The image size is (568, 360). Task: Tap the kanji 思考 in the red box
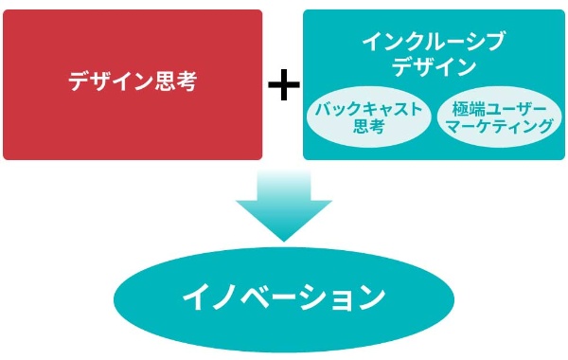tap(177, 81)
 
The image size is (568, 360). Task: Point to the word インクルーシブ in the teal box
tap(434, 42)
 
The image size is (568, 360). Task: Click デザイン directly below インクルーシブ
tap(434, 66)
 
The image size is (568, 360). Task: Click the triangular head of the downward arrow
tap(283, 223)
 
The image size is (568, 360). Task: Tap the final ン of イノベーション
tap(371, 297)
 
